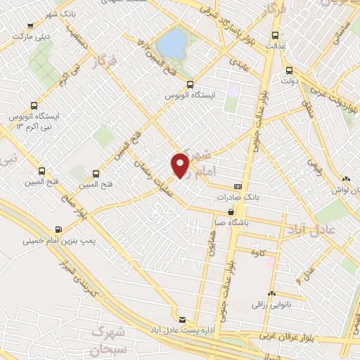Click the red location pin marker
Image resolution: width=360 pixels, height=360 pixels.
[x=181, y=165]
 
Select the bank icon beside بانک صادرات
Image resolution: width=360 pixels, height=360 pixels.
[x=238, y=186]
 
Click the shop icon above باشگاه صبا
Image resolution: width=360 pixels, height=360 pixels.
[x=231, y=211]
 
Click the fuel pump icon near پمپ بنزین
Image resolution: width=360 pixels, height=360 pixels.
[x=57, y=229]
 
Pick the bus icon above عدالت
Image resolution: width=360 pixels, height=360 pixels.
[x=274, y=34]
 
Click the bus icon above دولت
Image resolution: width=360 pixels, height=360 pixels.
[x=289, y=70]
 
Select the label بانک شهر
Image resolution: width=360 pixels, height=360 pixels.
[x=60, y=14]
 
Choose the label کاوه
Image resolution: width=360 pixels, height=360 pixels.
[x=266, y=253]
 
